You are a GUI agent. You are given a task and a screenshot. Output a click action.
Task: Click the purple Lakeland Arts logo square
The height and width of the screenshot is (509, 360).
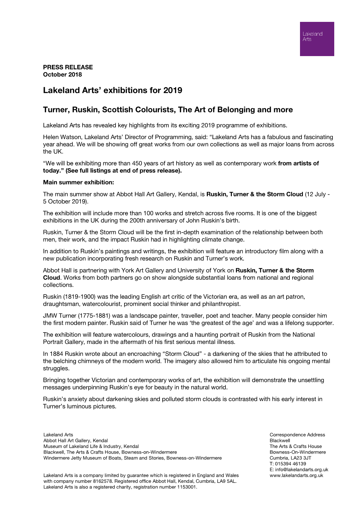point(317,39)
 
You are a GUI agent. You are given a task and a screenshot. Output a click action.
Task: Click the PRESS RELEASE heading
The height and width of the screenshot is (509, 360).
point(68,67)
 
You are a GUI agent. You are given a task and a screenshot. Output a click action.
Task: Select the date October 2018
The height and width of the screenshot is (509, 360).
point(62,74)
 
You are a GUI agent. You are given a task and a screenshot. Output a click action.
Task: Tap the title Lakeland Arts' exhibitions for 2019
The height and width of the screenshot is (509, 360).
point(113,90)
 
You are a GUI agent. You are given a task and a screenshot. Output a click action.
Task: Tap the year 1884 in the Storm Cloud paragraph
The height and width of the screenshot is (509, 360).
point(56,354)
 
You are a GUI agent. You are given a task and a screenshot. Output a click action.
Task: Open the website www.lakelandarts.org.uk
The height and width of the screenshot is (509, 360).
point(296,475)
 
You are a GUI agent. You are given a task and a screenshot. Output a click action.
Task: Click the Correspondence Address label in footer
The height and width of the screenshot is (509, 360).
point(297,435)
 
